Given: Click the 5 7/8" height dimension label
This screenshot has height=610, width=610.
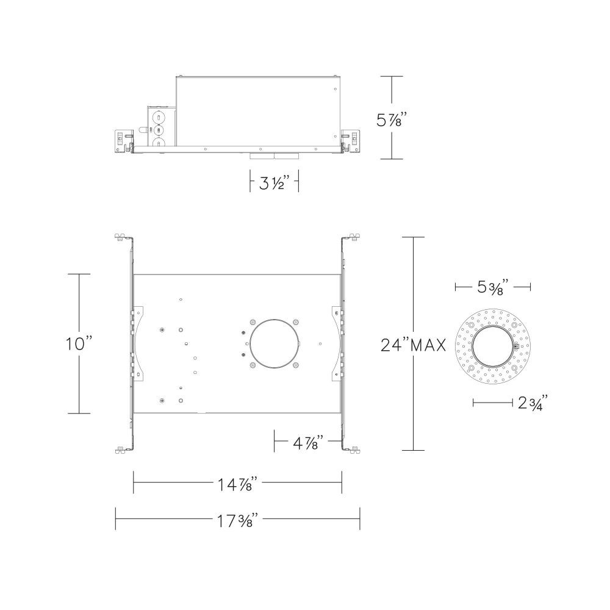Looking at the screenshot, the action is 392,120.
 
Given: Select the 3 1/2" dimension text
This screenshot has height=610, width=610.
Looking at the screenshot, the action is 274,182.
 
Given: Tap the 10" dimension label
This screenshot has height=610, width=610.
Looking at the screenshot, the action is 79,344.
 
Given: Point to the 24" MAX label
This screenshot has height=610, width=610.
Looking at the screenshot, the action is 413,345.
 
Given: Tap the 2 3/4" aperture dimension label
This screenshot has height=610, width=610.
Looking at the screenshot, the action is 533,403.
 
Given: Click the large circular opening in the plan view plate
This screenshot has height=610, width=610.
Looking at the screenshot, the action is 274,343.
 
